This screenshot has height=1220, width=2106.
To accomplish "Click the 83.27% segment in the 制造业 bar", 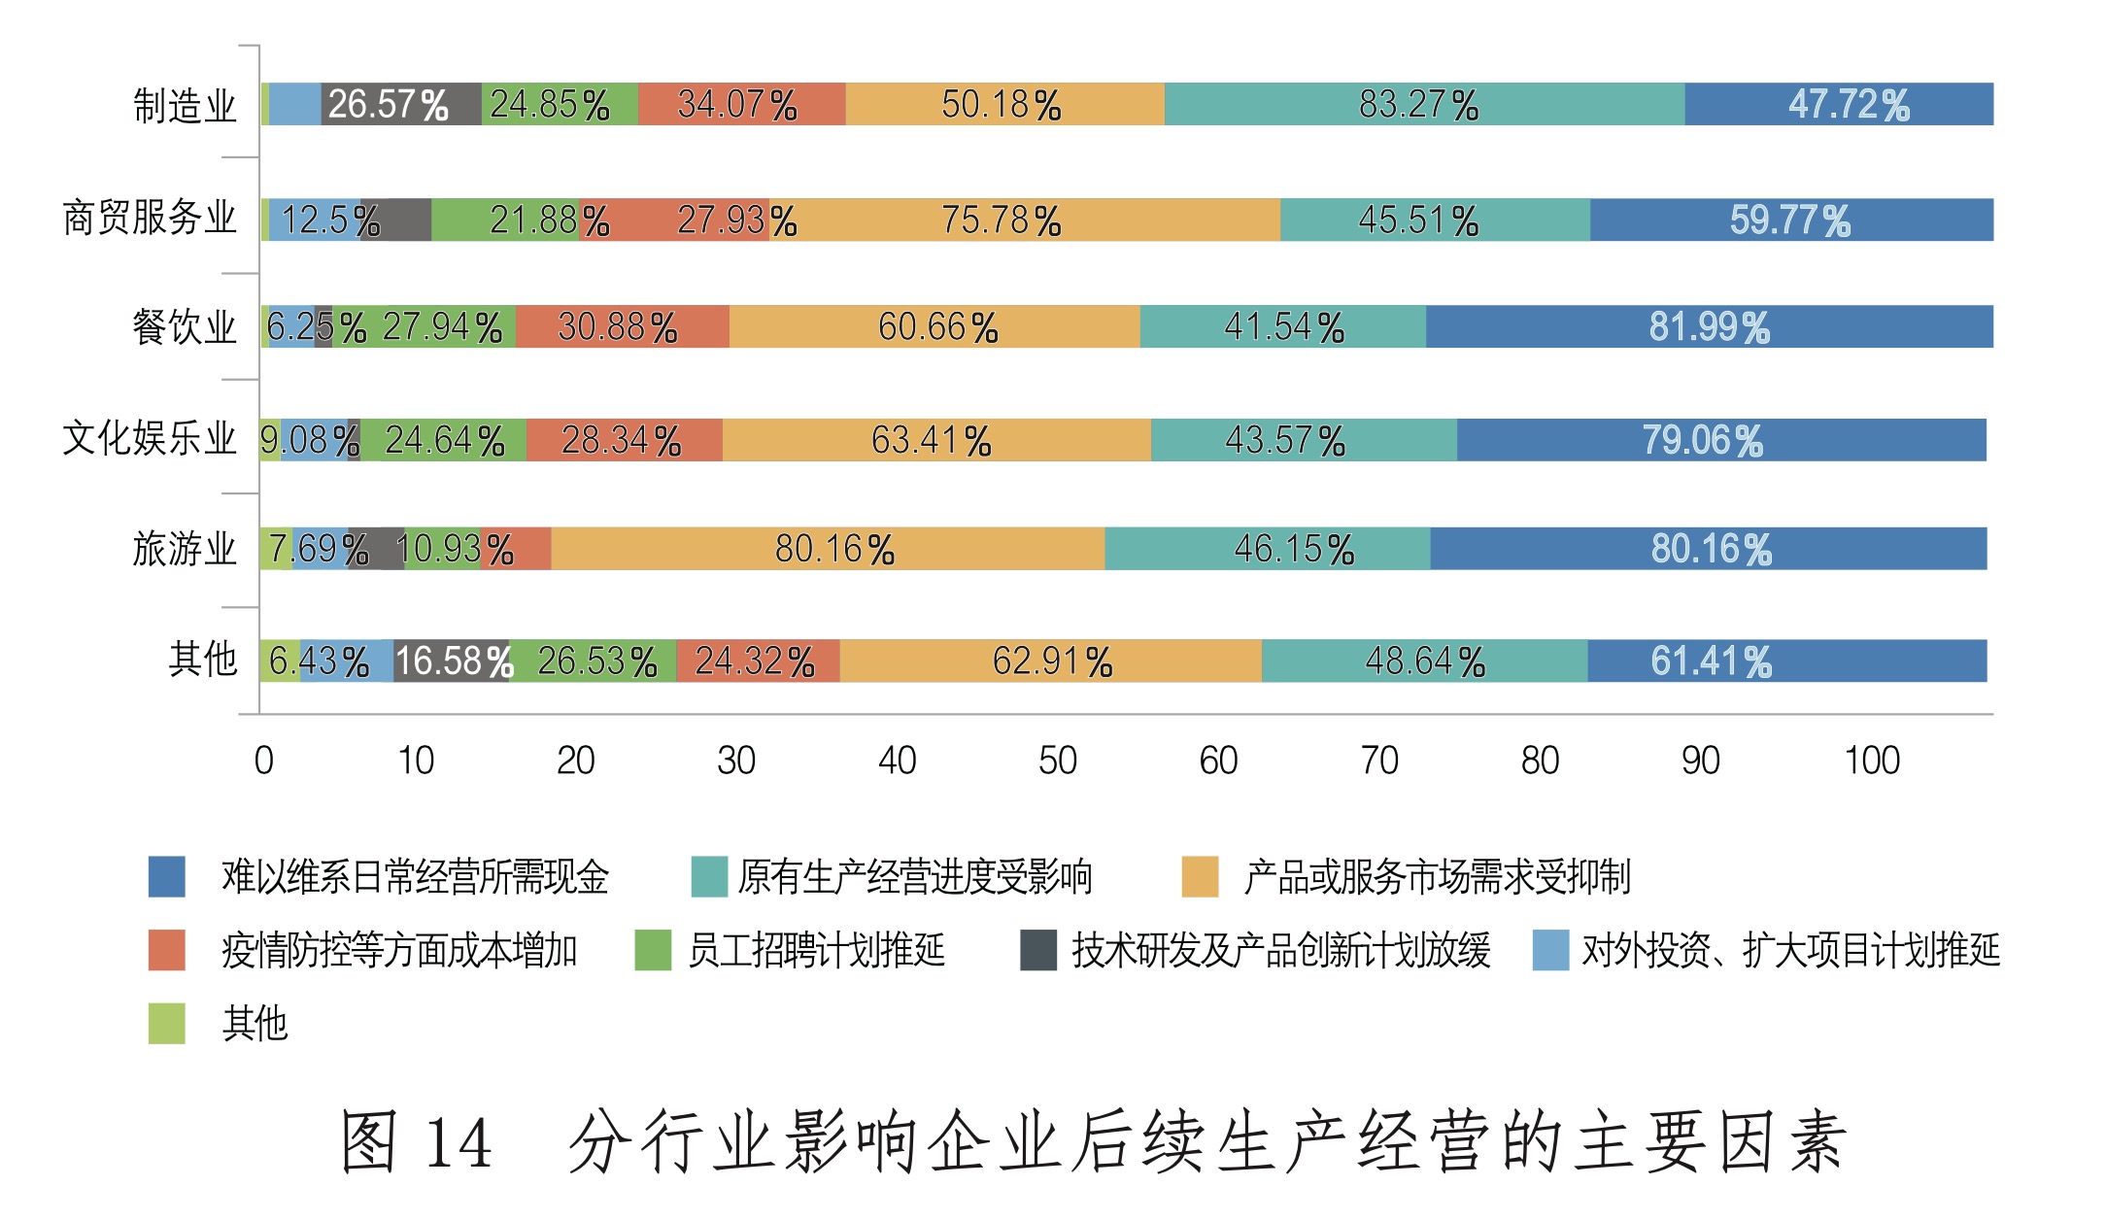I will pyautogui.click(x=1424, y=104).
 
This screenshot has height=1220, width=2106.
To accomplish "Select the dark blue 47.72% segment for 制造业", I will pyautogui.click(x=1839, y=104).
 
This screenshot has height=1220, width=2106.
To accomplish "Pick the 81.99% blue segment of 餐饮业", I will pyautogui.click(x=1710, y=326).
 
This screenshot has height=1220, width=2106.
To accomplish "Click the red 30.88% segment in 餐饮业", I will pyautogui.click(x=622, y=326).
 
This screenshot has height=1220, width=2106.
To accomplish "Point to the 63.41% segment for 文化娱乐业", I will pyautogui.click(x=936, y=440).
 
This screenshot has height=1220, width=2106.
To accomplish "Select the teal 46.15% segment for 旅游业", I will pyautogui.click(x=1268, y=549).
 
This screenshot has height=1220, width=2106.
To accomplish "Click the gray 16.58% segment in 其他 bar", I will pyautogui.click(x=452, y=661).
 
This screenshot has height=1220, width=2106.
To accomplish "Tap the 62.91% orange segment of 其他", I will pyautogui.click(x=1051, y=661).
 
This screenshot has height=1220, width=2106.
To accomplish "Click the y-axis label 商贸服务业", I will pyautogui.click(x=150, y=218).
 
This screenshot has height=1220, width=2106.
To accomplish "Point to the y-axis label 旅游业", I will pyautogui.click(x=185, y=549).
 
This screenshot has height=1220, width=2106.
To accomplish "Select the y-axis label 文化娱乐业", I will pyautogui.click(x=150, y=438).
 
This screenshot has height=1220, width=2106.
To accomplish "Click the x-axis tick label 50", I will pyautogui.click(x=1058, y=761).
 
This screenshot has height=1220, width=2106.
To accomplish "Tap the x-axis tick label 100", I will pyautogui.click(x=1872, y=761).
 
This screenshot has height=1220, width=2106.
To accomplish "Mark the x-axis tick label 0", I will pyautogui.click(x=263, y=761).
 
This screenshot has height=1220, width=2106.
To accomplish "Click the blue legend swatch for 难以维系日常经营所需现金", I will pyautogui.click(x=166, y=876).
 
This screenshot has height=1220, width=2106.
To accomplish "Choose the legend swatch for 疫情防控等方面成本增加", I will pyautogui.click(x=166, y=950).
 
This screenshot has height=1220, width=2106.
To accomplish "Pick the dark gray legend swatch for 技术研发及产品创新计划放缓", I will pyautogui.click(x=1037, y=950).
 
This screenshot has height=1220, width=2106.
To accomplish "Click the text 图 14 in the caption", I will pyautogui.click(x=416, y=1142).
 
